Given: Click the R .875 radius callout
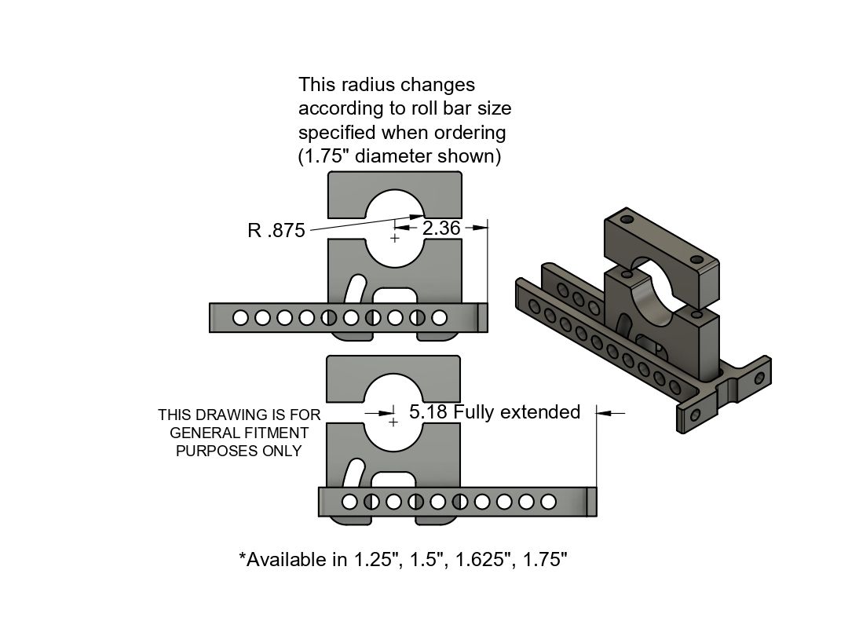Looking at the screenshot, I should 276,231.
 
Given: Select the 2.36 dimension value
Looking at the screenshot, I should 440,228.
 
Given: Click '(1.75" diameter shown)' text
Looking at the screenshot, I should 399,155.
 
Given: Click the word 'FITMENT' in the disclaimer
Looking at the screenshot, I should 275,433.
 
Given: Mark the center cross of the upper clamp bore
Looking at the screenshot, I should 395,237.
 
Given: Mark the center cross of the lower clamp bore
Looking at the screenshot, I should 393,422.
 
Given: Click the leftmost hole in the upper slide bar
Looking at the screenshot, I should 241,318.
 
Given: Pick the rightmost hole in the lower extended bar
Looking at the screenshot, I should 549,501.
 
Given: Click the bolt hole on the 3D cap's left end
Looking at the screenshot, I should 626,219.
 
